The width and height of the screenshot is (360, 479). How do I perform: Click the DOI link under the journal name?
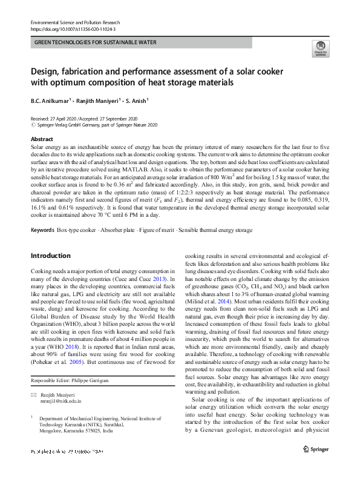coord(73,28)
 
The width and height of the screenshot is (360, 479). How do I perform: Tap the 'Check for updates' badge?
coord(319,48)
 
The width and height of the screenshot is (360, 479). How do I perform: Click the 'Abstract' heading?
coord(41,139)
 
